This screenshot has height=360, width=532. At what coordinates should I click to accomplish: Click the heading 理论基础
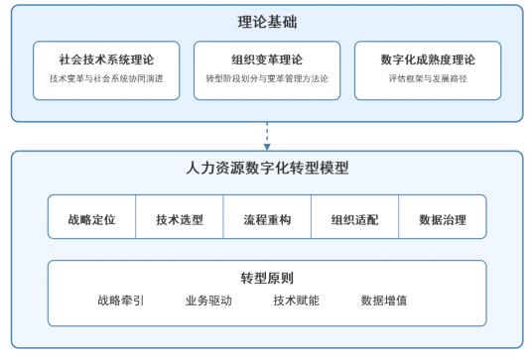tap(266, 22)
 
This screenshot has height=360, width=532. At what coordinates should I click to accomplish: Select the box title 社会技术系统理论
tap(106, 60)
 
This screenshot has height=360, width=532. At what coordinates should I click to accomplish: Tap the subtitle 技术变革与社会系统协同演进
tap(106, 78)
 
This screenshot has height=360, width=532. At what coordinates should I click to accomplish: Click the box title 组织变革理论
tap(266, 60)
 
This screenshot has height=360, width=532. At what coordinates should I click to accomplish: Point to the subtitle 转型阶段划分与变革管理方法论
tap(266, 78)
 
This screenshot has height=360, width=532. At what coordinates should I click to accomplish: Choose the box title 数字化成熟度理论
tap(426, 60)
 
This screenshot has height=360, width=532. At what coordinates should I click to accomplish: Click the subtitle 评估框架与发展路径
tap(426, 78)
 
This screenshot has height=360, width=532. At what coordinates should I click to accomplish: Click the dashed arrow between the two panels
tap(266, 135)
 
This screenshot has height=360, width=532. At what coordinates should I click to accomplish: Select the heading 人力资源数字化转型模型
tap(266, 169)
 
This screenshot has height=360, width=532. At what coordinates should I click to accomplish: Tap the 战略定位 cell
tap(92, 219)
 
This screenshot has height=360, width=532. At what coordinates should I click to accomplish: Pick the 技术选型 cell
tap(180, 219)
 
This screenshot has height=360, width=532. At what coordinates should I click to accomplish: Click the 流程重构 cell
tap(267, 219)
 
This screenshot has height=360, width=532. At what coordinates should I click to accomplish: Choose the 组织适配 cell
tap(354, 219)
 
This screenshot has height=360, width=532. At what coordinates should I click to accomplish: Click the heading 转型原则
tap(266, 279)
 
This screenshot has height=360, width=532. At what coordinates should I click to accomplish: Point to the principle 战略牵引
tap(121, 300)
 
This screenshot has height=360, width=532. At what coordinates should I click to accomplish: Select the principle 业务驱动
tap(208, 300)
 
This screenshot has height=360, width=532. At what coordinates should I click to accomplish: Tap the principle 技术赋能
tap(296, 300)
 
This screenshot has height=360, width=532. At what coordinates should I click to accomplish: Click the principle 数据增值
tap(384, 300)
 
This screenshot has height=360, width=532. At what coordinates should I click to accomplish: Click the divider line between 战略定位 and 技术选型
tap(136, 219)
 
